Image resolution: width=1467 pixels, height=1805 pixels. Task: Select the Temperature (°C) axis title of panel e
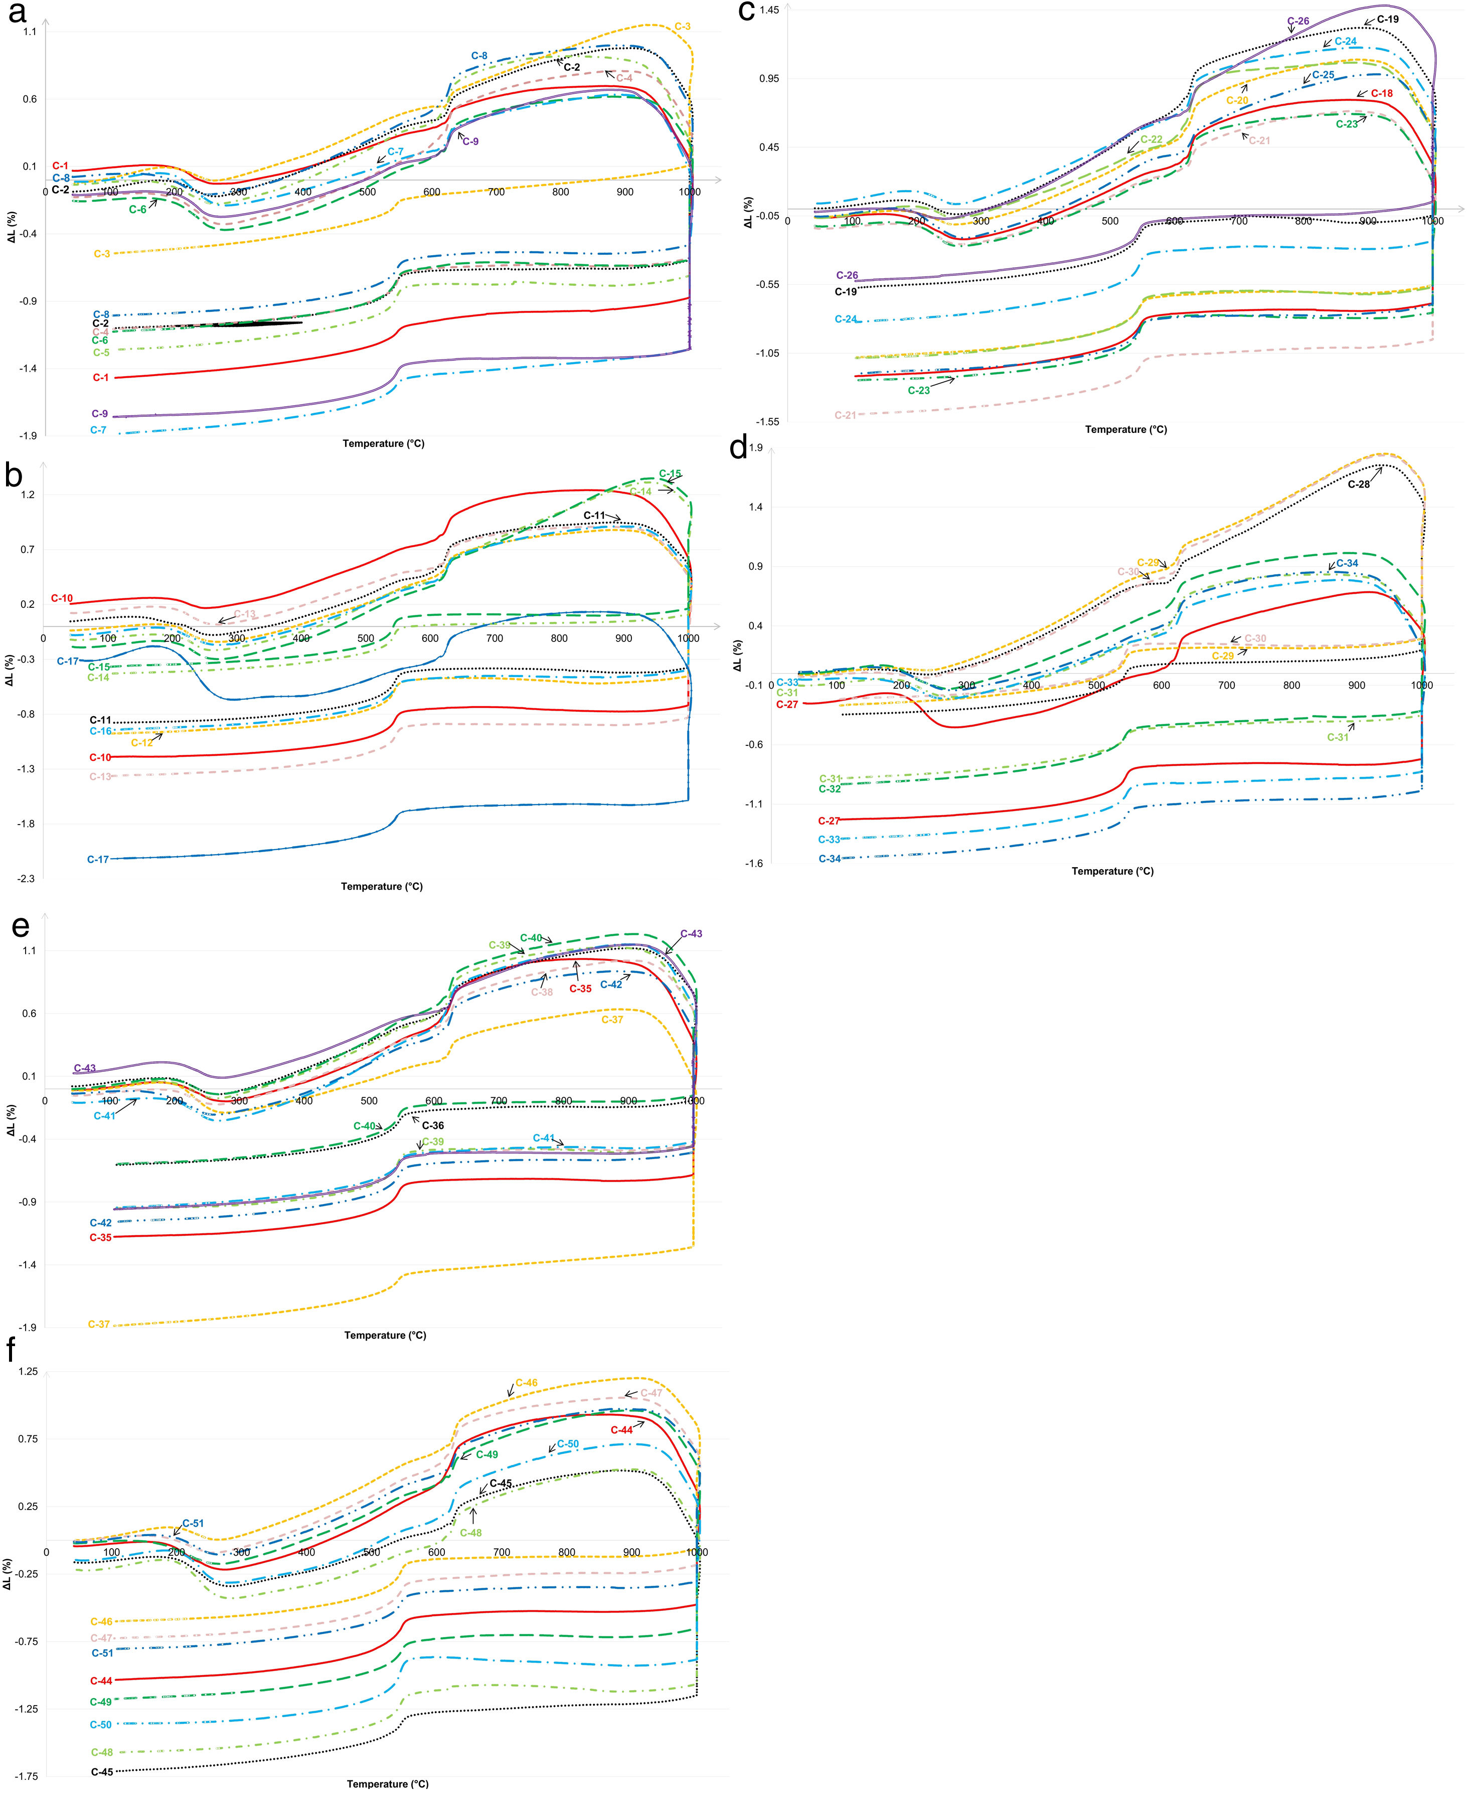(385, 1335)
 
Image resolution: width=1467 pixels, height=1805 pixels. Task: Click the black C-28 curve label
(1359, 484)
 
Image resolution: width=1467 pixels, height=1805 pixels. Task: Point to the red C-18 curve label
(1382, 94)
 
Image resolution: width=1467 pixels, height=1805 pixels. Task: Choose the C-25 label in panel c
(1324, 75)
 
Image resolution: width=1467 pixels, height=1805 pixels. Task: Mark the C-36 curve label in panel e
(433, 1125)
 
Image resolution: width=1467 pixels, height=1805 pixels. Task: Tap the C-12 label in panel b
(142, 743)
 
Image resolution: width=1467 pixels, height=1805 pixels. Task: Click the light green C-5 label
(101, 353)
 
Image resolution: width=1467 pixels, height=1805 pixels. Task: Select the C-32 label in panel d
(830, 788)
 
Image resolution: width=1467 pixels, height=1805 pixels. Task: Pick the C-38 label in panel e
(542, 992)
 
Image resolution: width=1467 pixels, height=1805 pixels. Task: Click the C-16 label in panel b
(101, 731)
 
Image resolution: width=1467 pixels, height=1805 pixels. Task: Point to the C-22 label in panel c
(1151, 139)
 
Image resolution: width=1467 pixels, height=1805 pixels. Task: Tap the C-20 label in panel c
(1237, 101)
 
